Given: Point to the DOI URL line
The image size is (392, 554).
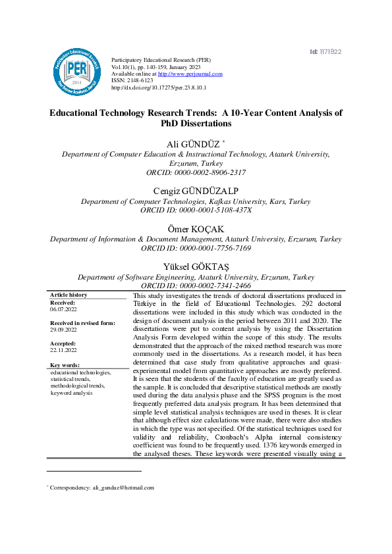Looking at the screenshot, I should click(159, 87).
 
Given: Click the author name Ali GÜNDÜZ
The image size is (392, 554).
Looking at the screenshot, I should click(194, 143).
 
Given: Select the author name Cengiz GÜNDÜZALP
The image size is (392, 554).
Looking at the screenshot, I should click(196, 191).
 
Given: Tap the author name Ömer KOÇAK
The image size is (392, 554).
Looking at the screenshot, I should click(196, 228).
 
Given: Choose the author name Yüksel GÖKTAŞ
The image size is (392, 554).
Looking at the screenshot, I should click(196, 266).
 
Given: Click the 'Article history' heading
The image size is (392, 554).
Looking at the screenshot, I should click(69, 295).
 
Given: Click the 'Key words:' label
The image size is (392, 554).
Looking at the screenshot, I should click(66, 365).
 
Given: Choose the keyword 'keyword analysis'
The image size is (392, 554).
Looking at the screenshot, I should click(72, 392).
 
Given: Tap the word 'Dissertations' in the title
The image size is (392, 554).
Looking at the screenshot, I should click(196, 123).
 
